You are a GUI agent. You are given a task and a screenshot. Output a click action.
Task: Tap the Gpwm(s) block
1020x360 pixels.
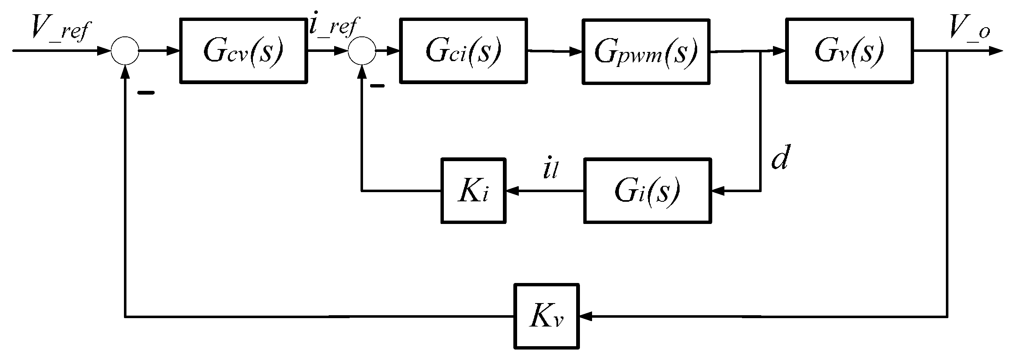646,52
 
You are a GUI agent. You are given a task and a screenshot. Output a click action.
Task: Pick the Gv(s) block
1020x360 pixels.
849,51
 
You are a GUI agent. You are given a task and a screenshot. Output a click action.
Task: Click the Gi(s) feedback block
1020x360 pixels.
647,190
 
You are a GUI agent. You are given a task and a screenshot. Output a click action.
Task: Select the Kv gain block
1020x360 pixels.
546,316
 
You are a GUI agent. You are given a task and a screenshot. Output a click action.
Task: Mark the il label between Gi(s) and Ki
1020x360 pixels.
550,170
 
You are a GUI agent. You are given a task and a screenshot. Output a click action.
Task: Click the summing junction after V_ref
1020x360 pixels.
125,51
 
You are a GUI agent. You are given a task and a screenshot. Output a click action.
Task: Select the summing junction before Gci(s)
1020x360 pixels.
362,51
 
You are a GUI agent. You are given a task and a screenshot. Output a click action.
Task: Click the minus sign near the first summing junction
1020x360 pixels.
146,93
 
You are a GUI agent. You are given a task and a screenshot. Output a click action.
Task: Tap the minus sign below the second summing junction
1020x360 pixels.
377,86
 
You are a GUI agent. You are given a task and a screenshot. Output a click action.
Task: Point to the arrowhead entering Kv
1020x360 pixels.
585,316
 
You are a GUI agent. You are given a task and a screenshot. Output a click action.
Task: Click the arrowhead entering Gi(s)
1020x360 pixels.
718,191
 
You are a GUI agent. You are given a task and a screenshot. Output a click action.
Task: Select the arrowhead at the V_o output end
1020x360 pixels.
997,51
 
